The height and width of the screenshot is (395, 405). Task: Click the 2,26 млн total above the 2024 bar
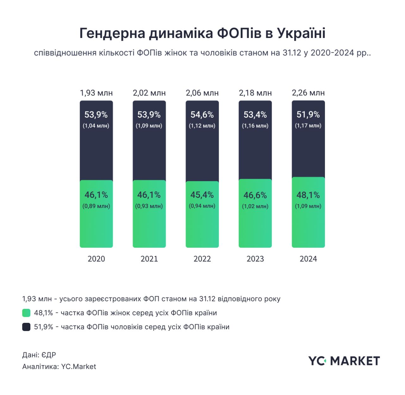pyautogui.click(x=308, y=93)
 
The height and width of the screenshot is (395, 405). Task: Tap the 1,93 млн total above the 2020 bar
pyautogui.click(x=96, y=93)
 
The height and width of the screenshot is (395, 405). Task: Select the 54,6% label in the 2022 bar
pyautogui.click(x=202, y=115)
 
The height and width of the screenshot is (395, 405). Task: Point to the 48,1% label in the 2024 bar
pyautogui.click(x=308, y=195)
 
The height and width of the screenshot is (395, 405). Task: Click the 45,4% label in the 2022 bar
pyautogui.click(x=202, y=195)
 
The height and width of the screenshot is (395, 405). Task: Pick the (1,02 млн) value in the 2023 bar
pyautogui.click(x=255, y=206)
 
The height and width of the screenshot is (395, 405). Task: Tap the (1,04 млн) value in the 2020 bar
pyautogui.click(x=96, y=126)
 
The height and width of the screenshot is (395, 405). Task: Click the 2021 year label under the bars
pyautogui.click(x=149, y=259)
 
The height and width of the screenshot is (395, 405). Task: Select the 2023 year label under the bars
pyautogui.click(x=255, y=259)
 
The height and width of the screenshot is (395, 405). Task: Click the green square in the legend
pyautogui.click(x=26, y=313)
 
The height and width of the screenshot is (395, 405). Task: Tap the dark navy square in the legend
pyautogui.click(x=26, y=327)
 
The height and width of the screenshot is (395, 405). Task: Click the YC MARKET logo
pyautogui.click(x=344, y=361)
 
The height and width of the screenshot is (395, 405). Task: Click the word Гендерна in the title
pyautogui.click(x=112, y=33)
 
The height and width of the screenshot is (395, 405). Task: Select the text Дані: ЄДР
pyautogui.click(x=39, y=355)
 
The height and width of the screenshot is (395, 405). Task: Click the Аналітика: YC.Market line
pyautogui.click(x=59, y=367)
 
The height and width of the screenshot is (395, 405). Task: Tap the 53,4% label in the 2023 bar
pyautogui.click(x=255, y=115)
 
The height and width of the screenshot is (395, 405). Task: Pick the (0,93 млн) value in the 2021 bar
pyautogui.click(x=149, y=206)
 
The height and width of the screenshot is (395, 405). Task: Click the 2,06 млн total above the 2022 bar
pyautogui.click(x=202, y=93)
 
